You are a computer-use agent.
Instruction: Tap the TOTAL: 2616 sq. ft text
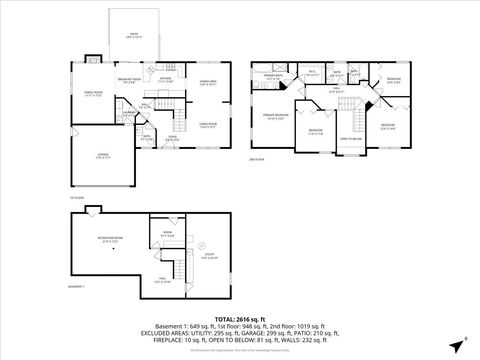240,319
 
